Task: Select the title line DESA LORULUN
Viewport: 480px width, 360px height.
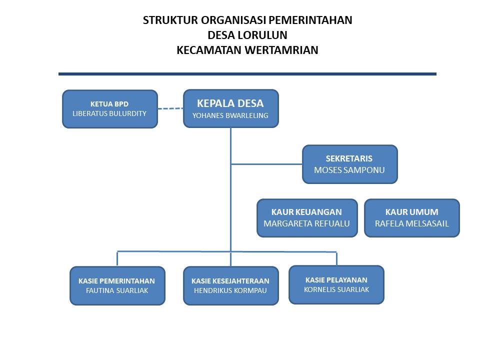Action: click(x=247, y=35)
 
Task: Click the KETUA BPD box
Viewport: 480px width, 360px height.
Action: click(x=110, y=109)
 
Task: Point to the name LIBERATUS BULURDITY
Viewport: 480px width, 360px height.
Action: click(x=109, y=113)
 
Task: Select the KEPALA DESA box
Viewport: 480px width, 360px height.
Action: click(x=231, y=108)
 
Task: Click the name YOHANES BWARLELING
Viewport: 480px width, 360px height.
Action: click(x=230, y=115)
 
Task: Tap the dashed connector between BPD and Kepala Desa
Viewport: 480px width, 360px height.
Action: click(x=170, y=108)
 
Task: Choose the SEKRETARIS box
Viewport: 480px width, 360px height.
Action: click(x=350, y=164)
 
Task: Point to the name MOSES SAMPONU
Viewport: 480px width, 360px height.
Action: click(x=349, y=170)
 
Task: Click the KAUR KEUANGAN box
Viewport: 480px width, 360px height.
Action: click(x=307, y=218)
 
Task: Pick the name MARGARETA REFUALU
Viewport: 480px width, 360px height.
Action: click(x=306, y=224)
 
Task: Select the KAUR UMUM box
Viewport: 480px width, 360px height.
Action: click(x=412, y=218)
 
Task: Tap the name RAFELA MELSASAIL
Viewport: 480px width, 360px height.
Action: click(x=411, y=224)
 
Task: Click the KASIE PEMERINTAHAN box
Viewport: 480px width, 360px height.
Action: click(x=117, y=285)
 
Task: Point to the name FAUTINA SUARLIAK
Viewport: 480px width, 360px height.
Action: click(x=117, y=290)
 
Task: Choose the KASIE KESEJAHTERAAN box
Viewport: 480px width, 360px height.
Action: click(x=231, y=285)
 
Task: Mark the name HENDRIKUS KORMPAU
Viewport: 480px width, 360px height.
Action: click(x=230, y=290)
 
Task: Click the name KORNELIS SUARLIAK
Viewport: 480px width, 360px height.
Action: click(x=336, y=289)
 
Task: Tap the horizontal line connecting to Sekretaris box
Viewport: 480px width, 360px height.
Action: click(x=266, y=164)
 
